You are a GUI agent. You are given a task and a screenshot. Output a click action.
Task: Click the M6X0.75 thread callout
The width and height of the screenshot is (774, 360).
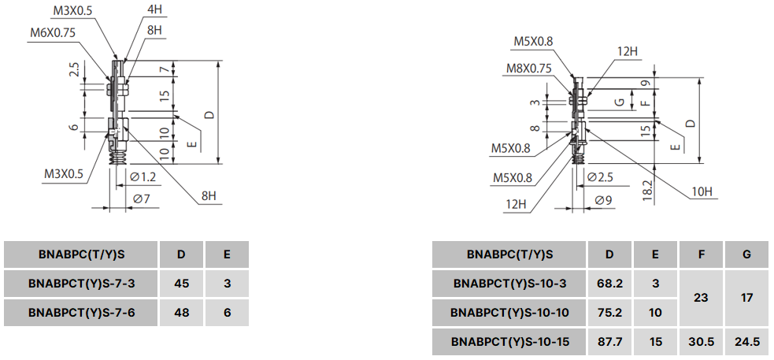(52, 32)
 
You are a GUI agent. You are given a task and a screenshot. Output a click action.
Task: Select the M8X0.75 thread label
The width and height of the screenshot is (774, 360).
(528, 69)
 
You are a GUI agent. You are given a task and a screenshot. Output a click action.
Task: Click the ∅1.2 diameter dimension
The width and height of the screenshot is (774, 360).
(143, 176)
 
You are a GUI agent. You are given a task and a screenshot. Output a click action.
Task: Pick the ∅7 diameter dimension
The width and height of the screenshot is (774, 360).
(141, 199)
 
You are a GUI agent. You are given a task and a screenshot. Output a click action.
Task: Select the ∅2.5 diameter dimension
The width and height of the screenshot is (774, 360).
(601, 177)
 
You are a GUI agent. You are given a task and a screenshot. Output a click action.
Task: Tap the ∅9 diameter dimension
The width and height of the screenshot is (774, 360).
(604, 200)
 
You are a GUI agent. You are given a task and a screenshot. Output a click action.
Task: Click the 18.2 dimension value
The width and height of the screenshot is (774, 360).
(646, 190)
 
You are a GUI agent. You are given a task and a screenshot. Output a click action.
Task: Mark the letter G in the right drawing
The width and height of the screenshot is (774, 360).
(619, 102)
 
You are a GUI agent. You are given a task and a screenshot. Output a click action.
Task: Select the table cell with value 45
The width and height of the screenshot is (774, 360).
(181, 283)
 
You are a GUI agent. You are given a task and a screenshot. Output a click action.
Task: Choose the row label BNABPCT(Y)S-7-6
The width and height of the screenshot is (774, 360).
(82, 312)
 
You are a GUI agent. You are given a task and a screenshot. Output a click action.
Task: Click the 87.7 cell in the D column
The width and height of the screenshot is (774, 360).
(610, 343)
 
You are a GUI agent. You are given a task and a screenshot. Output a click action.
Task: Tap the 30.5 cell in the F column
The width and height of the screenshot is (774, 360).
(702, 343)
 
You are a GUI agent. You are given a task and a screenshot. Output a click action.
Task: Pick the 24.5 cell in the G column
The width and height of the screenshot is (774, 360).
(746, 343)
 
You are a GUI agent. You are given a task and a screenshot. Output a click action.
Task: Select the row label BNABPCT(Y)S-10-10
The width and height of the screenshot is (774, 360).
(509, 313)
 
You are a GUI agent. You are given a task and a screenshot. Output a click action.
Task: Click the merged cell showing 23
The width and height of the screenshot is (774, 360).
(702, 298)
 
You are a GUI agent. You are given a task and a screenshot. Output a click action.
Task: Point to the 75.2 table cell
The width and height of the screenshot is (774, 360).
(610, 313)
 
